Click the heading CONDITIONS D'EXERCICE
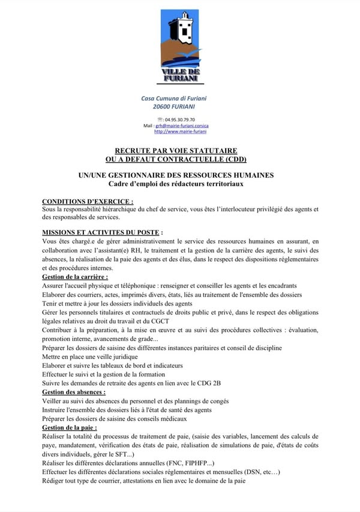click(x=87, y=201)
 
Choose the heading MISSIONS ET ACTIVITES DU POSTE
click(x=101, y=232)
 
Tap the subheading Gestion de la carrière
click(x=74, y=277)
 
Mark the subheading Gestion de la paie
click(x=69, y=427)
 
